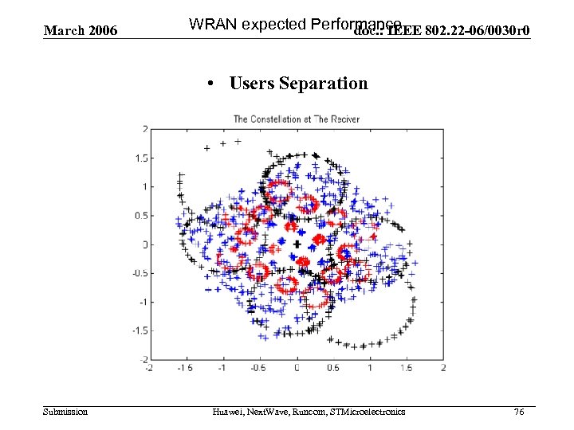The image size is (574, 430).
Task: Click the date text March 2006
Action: pos(81,31)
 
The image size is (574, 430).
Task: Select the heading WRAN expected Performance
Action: pos(295,23)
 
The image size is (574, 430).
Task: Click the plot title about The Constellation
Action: pos(296,119)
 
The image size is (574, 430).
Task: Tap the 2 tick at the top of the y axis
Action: pos(144,129)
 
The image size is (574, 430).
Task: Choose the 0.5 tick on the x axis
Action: pos(333,368)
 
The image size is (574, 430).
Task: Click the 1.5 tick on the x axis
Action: pos(407,368)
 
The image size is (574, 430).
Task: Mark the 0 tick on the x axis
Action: pos(297,368)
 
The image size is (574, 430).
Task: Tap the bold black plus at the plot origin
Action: pos(297,244)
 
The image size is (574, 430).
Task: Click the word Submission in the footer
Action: pos(65,412)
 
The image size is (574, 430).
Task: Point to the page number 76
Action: pos(519,412)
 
